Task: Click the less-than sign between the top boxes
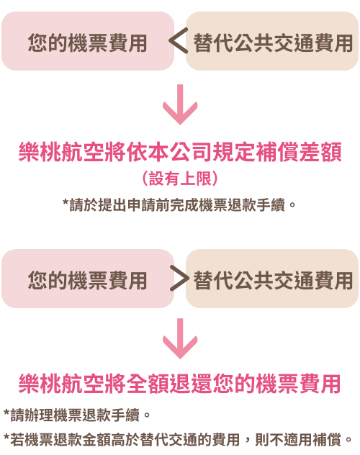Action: click(178, 40)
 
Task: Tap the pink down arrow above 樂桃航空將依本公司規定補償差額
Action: click(180, 104)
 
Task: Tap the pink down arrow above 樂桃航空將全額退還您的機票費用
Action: click(180, 338)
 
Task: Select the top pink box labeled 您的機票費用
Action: click(88, 41)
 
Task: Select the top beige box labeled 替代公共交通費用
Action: click(272, 41)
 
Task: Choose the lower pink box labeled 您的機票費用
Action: click(88, 279)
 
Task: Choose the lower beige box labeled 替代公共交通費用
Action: click(272, 279)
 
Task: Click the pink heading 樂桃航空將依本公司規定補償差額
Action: click(180, 152)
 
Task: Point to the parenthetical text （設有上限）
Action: click(180, 178)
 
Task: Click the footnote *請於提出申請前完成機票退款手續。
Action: click(179, 205)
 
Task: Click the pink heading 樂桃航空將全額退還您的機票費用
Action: click(179, 384)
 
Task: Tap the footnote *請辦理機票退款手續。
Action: click(77, 415)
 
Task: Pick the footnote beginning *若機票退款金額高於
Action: click(178, 440)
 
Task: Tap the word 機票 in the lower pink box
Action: click(88, 280)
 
